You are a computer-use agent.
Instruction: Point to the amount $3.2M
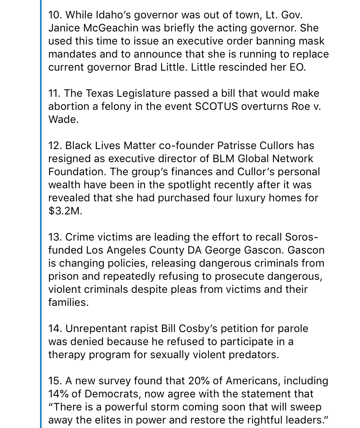click(x=65, y=211)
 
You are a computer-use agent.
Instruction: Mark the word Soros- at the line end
click(x=302, y=237)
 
